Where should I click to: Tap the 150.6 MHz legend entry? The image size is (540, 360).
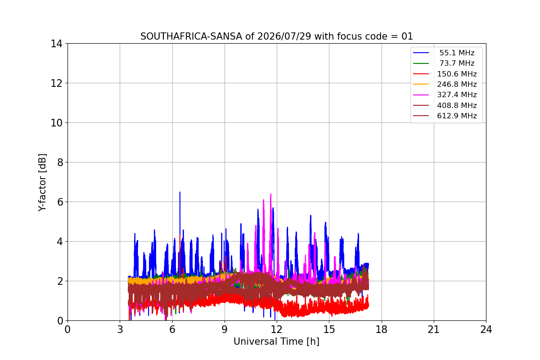pos(445,74)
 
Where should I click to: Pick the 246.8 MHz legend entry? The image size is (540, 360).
pos(445,84)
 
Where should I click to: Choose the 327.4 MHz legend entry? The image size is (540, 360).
pos(445,95)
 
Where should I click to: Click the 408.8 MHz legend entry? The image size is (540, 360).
pos(445,105)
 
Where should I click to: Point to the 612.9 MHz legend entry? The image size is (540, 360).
pos(445,116)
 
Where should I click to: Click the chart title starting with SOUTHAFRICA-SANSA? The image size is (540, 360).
pos(277,36)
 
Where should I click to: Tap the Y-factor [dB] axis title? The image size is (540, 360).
pos(42,182)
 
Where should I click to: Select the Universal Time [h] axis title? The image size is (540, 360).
pos(276,342)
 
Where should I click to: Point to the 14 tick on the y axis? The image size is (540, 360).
pos(56,44)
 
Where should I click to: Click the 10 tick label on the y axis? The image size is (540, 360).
pos(56,123)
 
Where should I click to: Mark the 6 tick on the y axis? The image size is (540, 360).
pos(60,202)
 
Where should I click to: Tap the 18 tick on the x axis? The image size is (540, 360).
pos(382,329)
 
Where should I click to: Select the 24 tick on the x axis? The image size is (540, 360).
pos(486,329)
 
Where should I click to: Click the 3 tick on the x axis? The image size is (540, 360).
pos(120,329)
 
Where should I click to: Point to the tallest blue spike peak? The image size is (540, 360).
pos(180,192)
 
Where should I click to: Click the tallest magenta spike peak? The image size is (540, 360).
pos(271,194)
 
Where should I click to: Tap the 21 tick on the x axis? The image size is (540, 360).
pos(434,329)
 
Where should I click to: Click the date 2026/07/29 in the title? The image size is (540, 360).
pos(284,36)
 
